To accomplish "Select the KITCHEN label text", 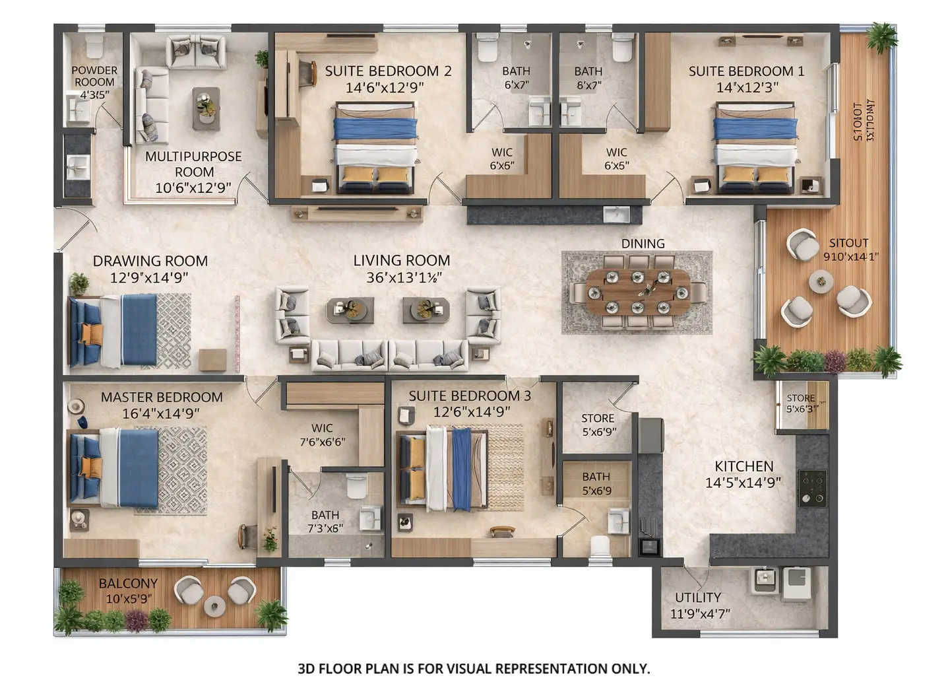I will (743, 466).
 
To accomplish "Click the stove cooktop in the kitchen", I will (812, 488).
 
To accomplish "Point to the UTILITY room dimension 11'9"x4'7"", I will (700, 614).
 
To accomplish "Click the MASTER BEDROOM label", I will (162, 398).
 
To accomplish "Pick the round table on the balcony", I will (214, 605).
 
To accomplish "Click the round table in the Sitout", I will (821, 282).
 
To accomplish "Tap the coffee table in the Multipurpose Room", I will (206, 108).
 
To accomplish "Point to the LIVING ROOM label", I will (401, 261).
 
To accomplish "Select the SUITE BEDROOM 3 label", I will (469, 396).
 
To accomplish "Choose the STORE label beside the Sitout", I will (800, 398).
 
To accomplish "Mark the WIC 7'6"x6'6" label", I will (322, 434).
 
